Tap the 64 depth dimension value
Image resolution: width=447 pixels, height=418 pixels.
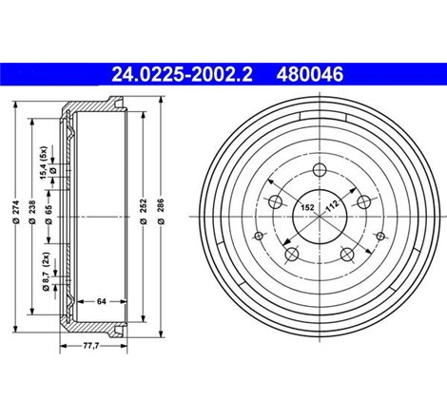pyautogui.click(x=101, y=302)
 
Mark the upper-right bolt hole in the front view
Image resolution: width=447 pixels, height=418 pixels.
pyautogui.click(x=362, y=200)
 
